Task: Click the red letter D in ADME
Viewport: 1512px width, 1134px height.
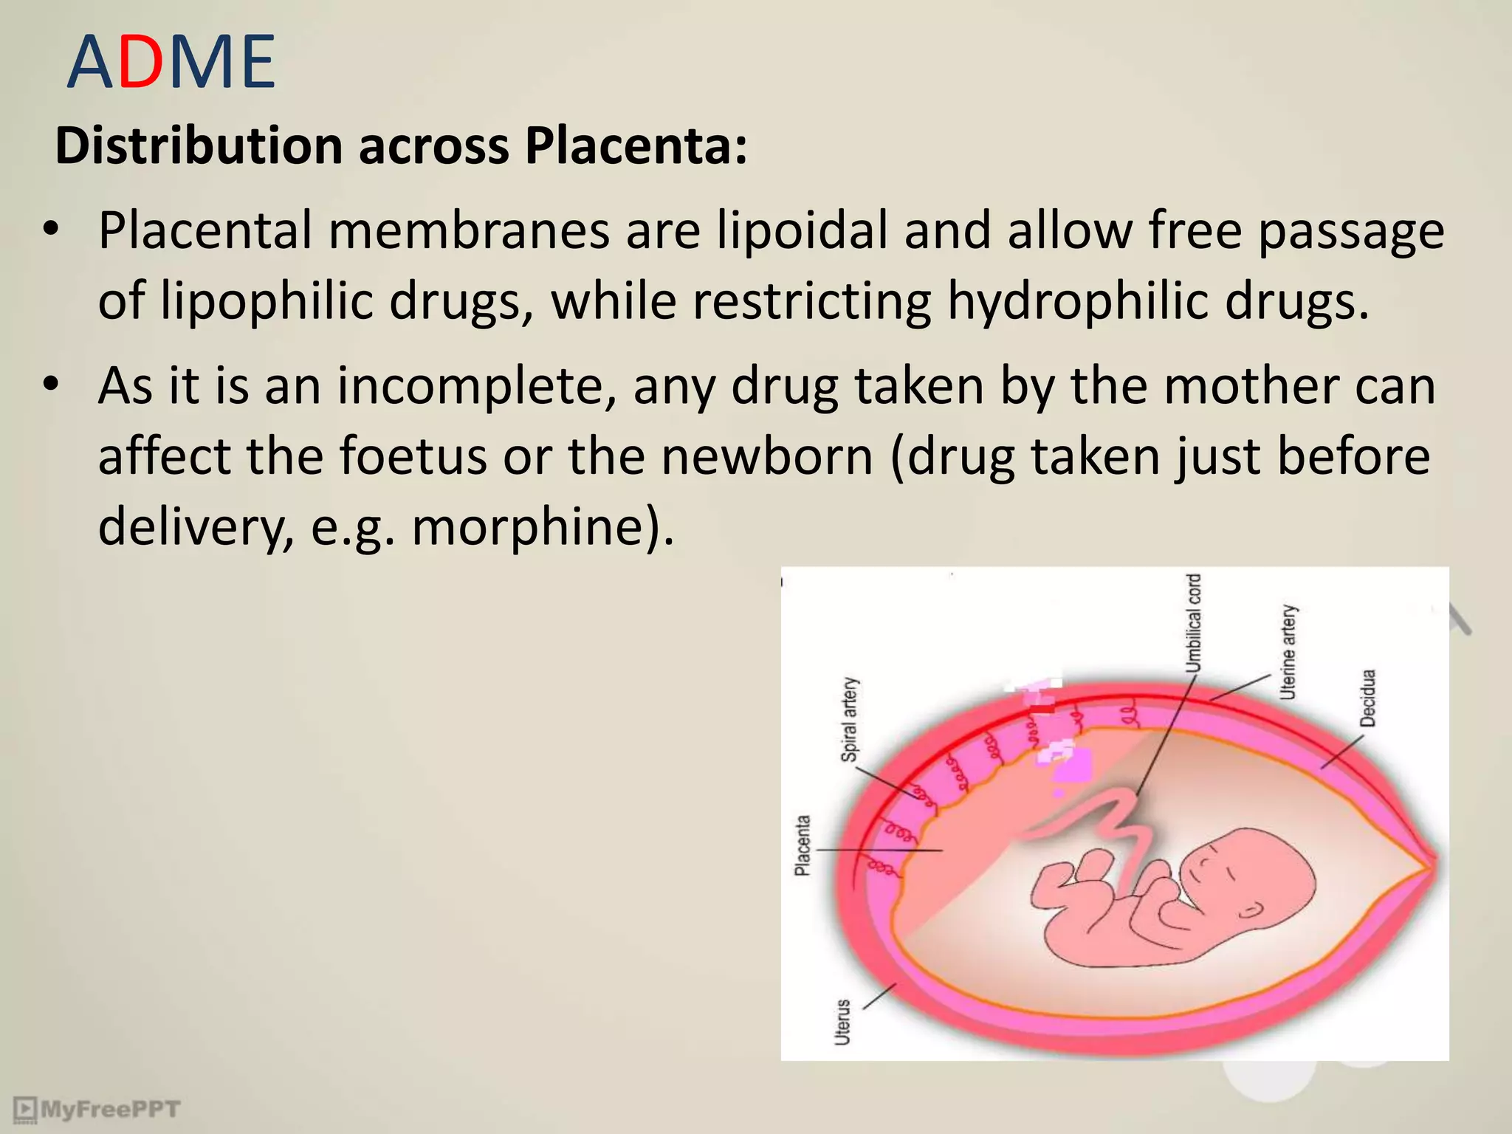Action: tap(140, 62)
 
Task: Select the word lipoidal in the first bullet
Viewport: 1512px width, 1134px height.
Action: tap(802, 231)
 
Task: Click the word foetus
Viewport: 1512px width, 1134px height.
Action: tap(413, 456)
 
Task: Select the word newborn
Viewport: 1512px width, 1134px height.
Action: tap(767, 456)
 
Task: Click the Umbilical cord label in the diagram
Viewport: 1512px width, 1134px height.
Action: tap(1193, 624)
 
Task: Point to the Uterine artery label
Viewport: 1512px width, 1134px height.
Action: tap(1288, 653)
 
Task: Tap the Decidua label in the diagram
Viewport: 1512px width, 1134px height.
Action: tap(1368, 698)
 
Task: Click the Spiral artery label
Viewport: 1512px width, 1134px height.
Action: tap(850, 720)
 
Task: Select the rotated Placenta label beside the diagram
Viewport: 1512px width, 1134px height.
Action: tap(803, 845)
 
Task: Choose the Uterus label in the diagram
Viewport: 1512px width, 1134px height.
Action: tap(842, 1023)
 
